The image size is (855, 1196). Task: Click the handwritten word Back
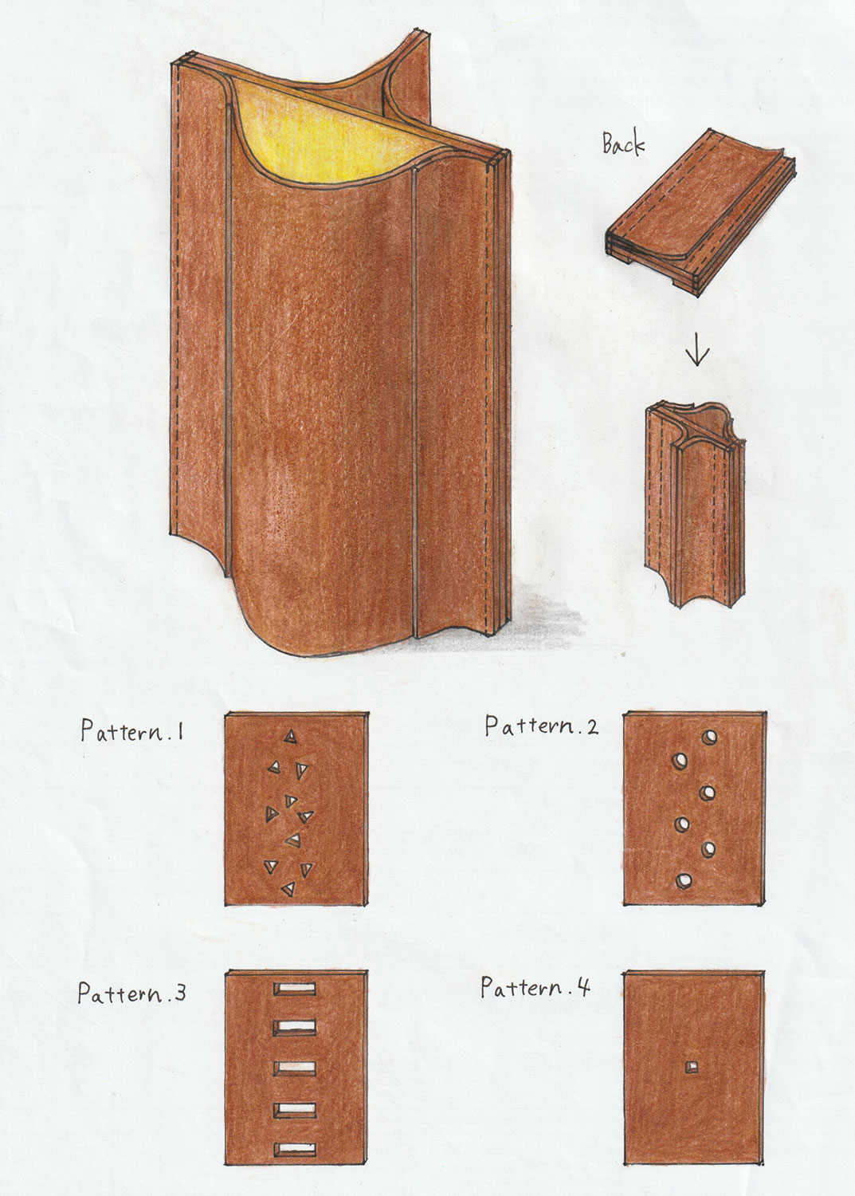(x=623, y=143)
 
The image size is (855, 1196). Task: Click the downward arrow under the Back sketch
(x=697, y=349)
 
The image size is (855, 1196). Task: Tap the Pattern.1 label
(x=131, y=730)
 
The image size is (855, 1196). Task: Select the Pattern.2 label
(x=541, y=726)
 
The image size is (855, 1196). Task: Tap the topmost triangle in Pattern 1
(x=290, y=737)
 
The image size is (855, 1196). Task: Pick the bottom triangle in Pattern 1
(x=288, y=888)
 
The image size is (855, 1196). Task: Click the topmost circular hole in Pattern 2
(x=709, y=738)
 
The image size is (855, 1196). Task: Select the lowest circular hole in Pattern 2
(x=684, y=880)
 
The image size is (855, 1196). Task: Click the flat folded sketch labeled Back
(x=700, y=211)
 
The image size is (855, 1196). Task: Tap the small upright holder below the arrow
(x=695, y=505)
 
